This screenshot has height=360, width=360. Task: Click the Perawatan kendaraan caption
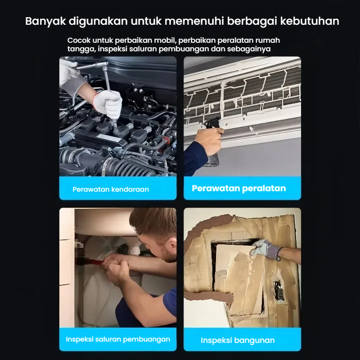tap(111, 189)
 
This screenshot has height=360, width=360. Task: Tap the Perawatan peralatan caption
tap(239, 189)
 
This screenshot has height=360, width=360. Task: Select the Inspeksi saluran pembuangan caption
tap(118, 339)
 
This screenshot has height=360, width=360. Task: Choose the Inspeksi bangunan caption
tap(238, 340)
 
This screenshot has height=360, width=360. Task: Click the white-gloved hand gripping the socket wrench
tap(108, 104)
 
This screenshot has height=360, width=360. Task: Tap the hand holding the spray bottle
tap(209, 140)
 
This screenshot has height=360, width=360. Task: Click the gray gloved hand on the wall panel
tap(265, 250)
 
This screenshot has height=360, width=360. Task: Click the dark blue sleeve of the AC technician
tap(195, 158)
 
